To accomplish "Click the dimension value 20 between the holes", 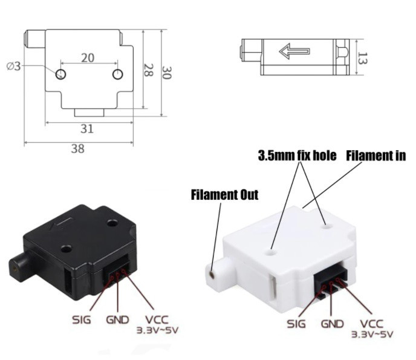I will (x=88, y=57).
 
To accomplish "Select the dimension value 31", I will (x=88, y=128).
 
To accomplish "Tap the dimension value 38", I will (x=77, y=148).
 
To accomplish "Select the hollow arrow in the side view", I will (x=294, y=51).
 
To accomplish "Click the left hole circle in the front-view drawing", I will (x=60, y=74).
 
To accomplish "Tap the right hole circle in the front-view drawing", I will (x=117, y=74).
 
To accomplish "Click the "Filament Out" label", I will (x=224, y=195).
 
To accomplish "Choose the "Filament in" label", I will (x=375, y=156).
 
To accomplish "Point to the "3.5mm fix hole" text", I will (x=296, y=156).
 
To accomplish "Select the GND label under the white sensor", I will (x=333, y=324).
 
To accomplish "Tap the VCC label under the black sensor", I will (x=156, y=319).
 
